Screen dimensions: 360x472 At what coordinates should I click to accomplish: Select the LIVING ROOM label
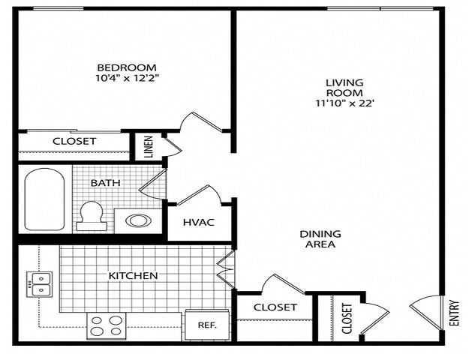344,87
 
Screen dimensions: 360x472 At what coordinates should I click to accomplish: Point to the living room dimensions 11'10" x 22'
344,103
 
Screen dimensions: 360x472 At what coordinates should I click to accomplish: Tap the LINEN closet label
149,146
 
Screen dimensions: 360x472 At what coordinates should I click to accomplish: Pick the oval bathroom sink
136,220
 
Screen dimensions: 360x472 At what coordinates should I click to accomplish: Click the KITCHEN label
134,275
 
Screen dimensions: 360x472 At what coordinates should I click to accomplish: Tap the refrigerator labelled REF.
207,325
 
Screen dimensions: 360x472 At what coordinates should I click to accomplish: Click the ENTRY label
453,311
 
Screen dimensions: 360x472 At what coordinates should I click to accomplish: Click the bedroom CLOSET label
74,141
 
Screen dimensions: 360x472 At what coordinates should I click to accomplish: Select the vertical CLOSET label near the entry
347,318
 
